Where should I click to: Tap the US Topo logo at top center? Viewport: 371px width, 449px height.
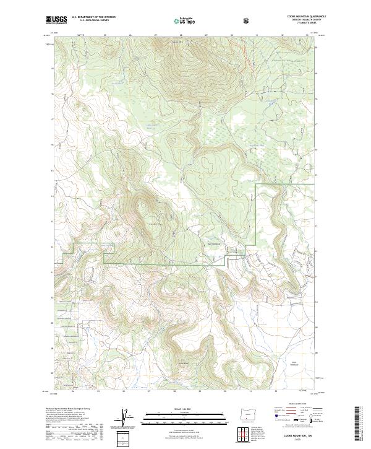coord(186,20)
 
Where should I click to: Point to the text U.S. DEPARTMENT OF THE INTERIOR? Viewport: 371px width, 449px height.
coord(94,17)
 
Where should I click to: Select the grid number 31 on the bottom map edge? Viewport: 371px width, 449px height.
coord(250,391)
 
